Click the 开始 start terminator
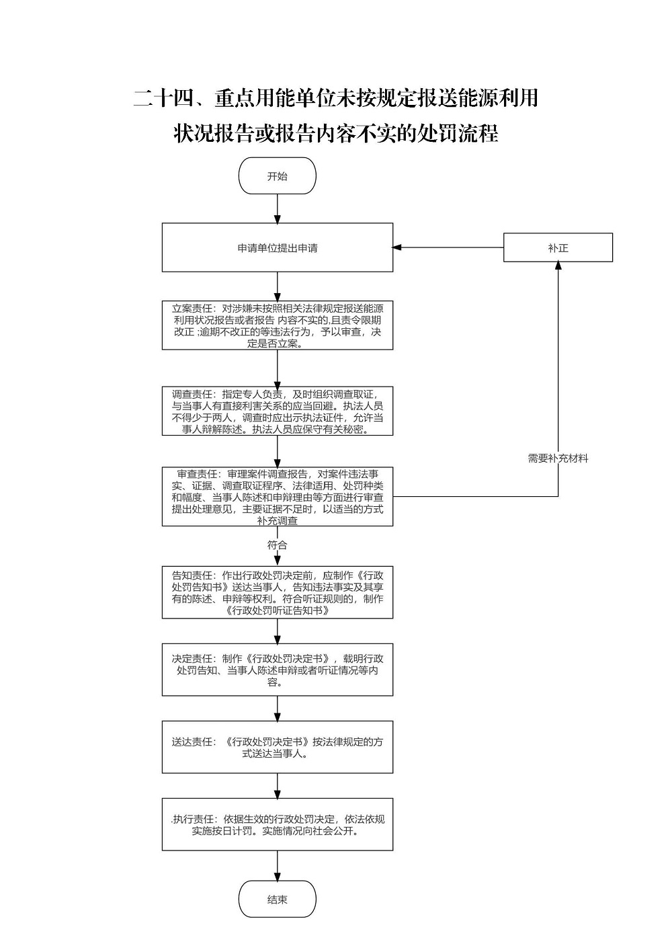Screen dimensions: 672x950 click(278, 175)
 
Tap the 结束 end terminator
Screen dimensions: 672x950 click(278, 899)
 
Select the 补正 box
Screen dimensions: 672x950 click(558, 247)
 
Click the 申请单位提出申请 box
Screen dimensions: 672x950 click(278, 247)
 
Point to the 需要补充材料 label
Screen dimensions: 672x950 click(558, 458)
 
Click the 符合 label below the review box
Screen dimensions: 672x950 click(278, 545)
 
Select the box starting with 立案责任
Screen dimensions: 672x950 click(278, 325)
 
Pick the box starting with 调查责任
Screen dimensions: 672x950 click(278, 411)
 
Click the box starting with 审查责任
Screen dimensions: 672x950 click(278, 497)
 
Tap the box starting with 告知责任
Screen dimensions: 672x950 click(278, 592)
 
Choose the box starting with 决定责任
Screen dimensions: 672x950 click(278, 670)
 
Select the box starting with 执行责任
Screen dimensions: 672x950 click(278, 824)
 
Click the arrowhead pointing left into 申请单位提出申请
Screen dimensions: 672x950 click(397, 247)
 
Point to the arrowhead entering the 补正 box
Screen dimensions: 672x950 click(558, 266)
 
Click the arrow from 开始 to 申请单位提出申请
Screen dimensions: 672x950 click(278, 208)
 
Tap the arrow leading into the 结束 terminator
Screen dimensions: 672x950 click(278, 865)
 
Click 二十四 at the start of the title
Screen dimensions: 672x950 click(159, 98)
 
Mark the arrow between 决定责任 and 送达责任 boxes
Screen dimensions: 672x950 click(278, 708)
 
